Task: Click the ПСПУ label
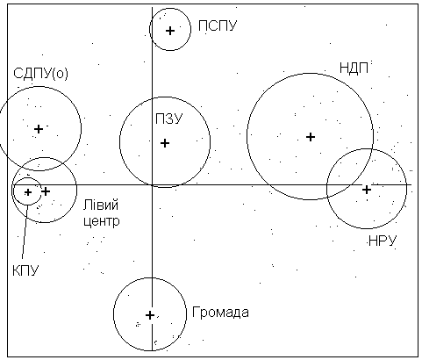click(218, 25)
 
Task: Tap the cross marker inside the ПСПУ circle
click(170, 31)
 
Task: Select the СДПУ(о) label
click(40, 73)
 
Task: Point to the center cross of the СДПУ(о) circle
click(39, 129)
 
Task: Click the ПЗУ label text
click(169, 119)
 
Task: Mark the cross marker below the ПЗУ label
click(165, 143)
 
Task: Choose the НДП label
click(354, 68)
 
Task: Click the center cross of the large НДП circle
click(311, 137)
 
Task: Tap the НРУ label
click(383, 241)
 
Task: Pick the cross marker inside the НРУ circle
click(367, 190)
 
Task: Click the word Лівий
click(101, 205)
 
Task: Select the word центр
click(102, 221)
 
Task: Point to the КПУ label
click(25, 270)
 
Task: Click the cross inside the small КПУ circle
click(28, 192)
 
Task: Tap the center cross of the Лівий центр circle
click(46, 191)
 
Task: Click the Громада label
click(220, 313)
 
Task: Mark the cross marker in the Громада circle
click(150, 315)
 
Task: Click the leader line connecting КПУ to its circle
click(25, 233)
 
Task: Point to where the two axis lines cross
click(152, 184)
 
